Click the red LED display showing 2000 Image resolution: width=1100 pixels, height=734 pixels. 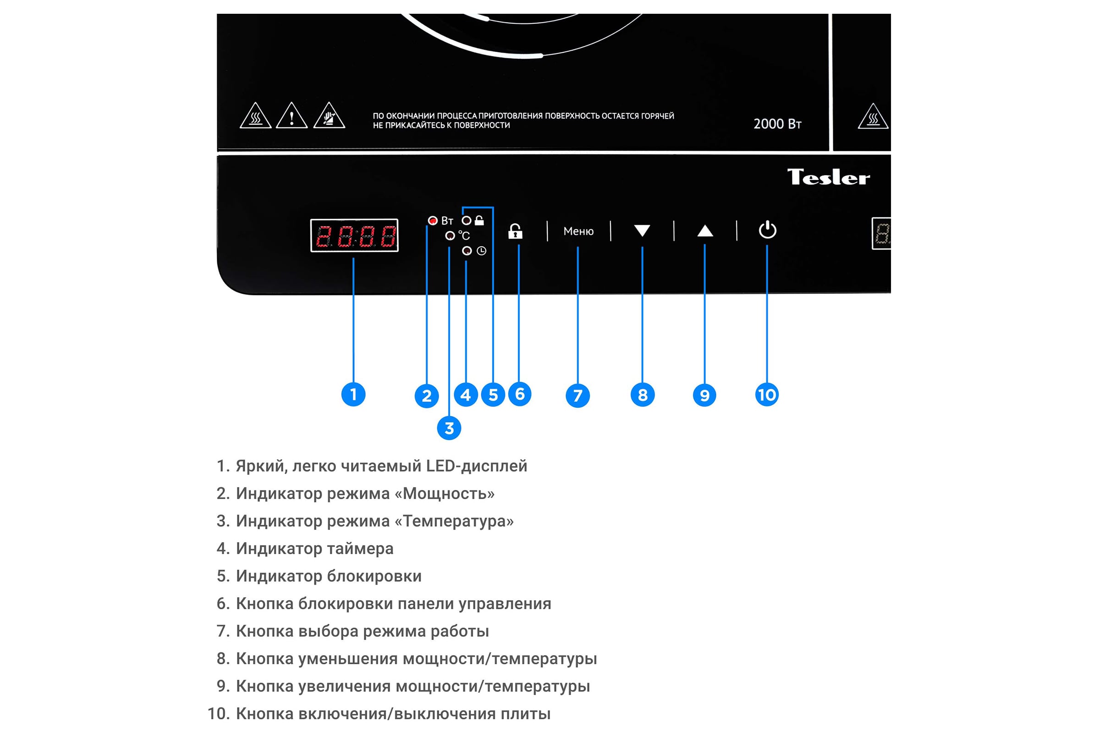coord(354,235)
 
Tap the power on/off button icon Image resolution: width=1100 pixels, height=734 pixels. coord(767,229)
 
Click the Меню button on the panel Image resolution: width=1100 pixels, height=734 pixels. coord(578,231)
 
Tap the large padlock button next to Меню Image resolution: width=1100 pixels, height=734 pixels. coord(515,231)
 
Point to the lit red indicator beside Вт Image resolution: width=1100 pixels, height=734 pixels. coord(433,221)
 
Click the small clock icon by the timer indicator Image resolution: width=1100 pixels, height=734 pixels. coord(481,251)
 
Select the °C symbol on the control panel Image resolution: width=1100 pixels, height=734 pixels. coord(463,235)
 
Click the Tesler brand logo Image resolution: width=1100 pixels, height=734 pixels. coord(828,177)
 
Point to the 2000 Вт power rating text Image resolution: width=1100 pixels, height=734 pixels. coord(777,123)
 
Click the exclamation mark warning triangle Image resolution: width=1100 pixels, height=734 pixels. coord(291,116)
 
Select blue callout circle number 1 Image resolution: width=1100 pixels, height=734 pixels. coord(353,394)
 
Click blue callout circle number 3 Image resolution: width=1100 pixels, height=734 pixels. coord(449,428)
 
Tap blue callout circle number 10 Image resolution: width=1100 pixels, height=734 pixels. coord(767,395)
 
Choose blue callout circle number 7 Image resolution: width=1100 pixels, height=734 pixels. coord(577,395)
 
